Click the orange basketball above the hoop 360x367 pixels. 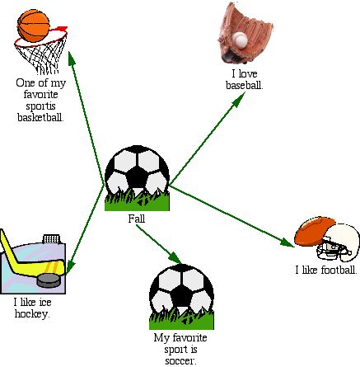(34, 26)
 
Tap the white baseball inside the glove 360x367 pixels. (241, 39)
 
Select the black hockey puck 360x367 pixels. (49, 280)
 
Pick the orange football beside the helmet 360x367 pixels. (314, 231)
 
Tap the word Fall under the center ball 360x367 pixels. (137, 219)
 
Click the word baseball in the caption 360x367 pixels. (244, 85)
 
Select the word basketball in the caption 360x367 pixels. (40, 117)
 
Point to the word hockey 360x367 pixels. (32, 313)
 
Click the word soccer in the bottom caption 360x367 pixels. (180, 361)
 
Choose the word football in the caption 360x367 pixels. (339, 270)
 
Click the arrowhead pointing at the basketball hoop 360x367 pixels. (72, 59)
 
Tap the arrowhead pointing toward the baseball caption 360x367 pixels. (238, 99)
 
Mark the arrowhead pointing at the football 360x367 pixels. (287, 242)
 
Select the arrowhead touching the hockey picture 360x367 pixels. (70, 266)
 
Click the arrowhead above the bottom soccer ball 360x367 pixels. (175, 258)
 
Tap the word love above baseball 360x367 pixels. (248, 73)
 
